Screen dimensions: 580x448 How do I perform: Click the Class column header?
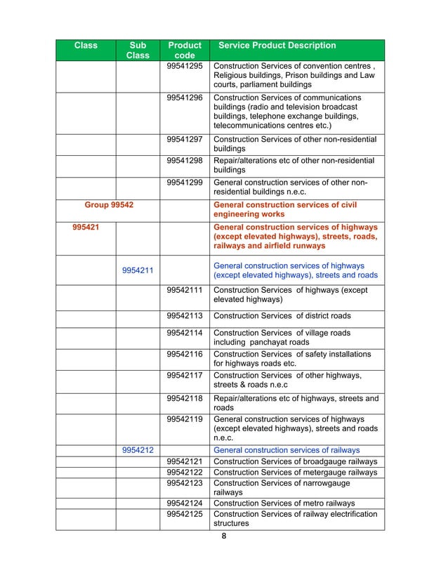pos(86,46)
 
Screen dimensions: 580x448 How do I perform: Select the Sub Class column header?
pos(138,51)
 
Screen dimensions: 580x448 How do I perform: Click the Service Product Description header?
pos(277,46)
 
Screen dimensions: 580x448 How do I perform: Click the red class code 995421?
pos(86,228)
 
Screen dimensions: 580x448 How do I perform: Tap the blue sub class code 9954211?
pos(138,270)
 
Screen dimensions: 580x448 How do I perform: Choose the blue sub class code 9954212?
pos(138,449)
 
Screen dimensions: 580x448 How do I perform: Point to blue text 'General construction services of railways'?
pos(286,449)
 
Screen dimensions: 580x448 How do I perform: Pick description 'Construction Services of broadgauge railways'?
pos(295,461)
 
